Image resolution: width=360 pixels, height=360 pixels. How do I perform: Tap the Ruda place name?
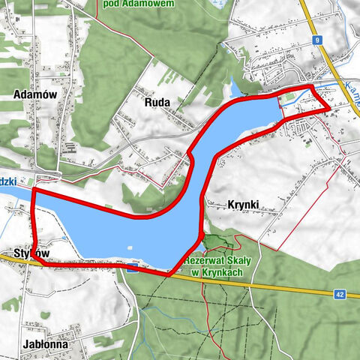coord(160,102)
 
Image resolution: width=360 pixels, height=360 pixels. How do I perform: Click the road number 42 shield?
coord(340,295)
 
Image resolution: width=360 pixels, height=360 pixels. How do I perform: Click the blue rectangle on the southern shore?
coord(132,269)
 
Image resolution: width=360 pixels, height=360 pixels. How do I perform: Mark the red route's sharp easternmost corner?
coord(329,109)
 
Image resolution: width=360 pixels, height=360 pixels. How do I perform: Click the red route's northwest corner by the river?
coord(33,191)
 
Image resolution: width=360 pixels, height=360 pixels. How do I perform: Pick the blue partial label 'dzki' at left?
coord(10,181)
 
